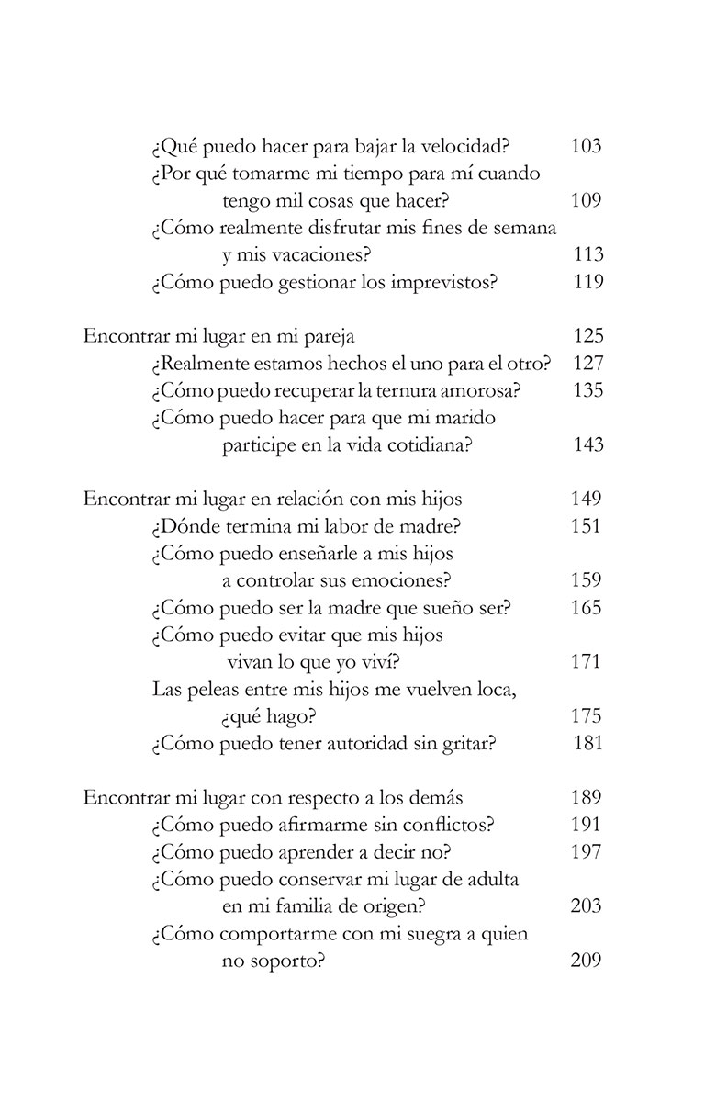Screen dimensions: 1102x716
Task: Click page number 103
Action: [x=586, y=146]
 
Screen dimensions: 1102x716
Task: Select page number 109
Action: [x=586, y=200]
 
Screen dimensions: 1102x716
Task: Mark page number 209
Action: [x=586, y=961]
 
